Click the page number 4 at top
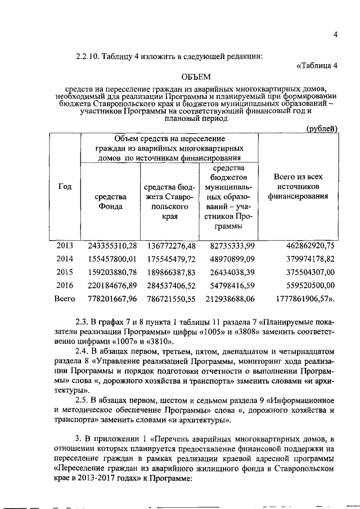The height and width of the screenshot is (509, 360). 335,35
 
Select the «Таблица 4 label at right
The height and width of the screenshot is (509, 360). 317,65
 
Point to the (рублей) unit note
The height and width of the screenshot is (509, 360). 322,129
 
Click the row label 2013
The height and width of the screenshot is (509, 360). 65,246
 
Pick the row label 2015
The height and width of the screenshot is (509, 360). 65,272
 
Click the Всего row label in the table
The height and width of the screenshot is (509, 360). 65,299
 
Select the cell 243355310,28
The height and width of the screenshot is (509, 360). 112,246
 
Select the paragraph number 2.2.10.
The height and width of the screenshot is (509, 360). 87,55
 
